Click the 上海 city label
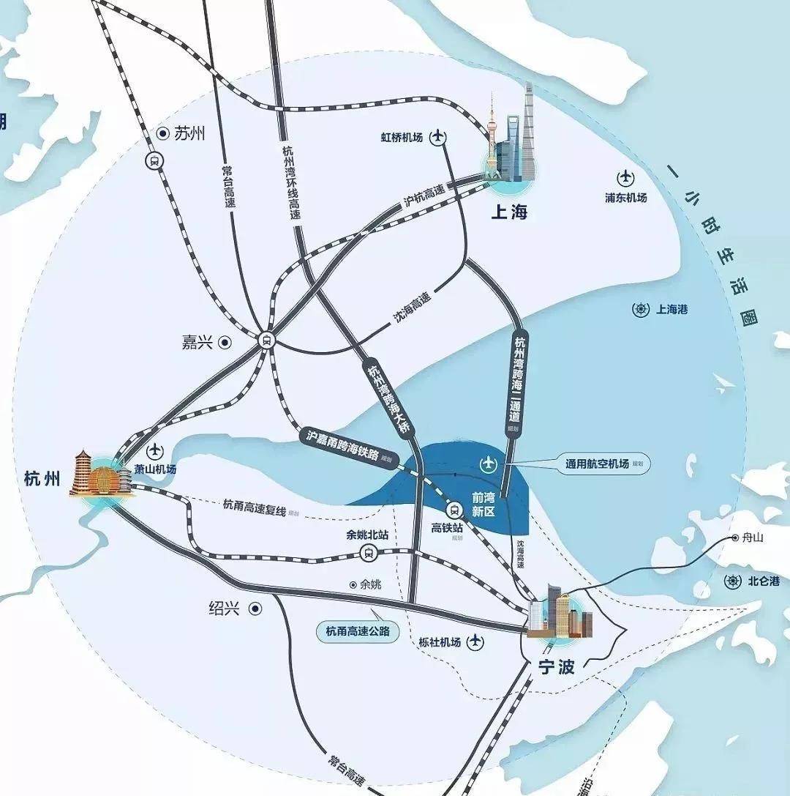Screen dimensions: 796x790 coord(509,212)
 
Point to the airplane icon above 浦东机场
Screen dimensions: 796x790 coord(626,177)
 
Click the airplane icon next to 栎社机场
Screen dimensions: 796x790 coord(476,642)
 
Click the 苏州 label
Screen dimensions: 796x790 coord(189,133)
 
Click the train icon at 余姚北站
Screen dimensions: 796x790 coord(368,553)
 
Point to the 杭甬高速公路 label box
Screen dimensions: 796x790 coord(358,631)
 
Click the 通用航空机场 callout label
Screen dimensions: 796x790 coord(597,464)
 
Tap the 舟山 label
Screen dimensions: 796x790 coord(752,538)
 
